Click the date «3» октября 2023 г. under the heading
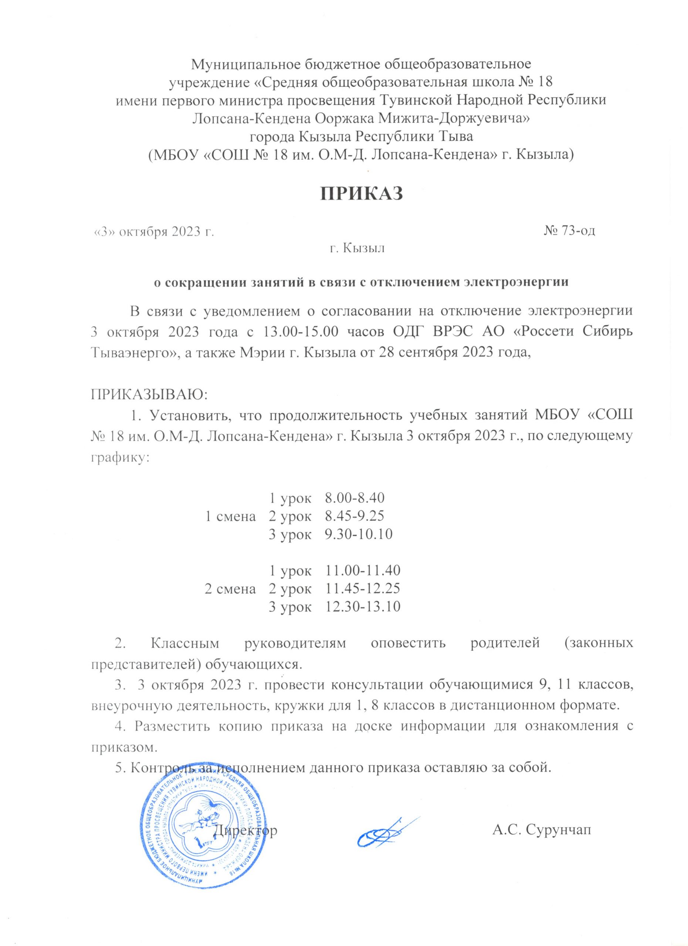click(153, 231)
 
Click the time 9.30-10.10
click(359, 534)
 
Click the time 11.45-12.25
click(363, 589)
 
